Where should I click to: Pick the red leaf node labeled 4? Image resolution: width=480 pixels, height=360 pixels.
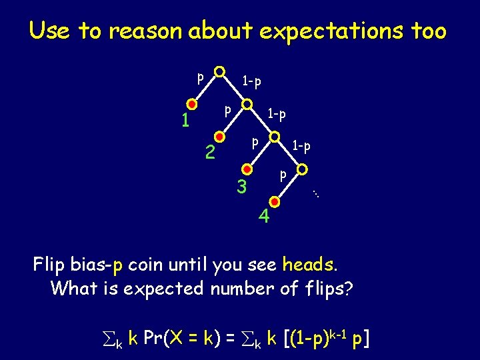tap(275, 199)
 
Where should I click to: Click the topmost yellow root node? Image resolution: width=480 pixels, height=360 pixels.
tap(219, 71)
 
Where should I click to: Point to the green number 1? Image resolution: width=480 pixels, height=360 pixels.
tap(187, 121)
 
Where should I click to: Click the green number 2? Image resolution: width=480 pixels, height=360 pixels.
tap(210, 154)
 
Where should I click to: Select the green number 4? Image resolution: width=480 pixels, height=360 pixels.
tap(265, 217)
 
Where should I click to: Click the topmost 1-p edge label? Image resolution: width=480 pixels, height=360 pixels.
tap(251, 81)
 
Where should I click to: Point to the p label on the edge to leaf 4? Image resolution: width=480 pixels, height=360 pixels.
tap(283, 175)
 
